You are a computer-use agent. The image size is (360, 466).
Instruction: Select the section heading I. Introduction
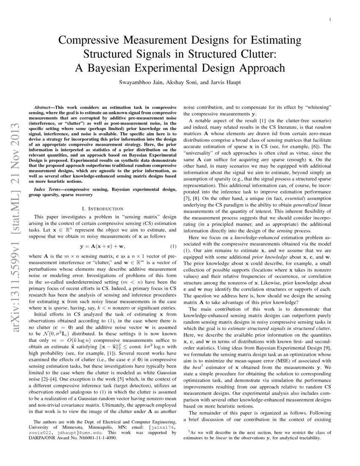tap(102, 208)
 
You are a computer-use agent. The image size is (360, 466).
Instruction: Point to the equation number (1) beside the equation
tap(173, 247)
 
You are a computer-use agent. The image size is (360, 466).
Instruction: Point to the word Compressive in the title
tap(90, 41)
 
